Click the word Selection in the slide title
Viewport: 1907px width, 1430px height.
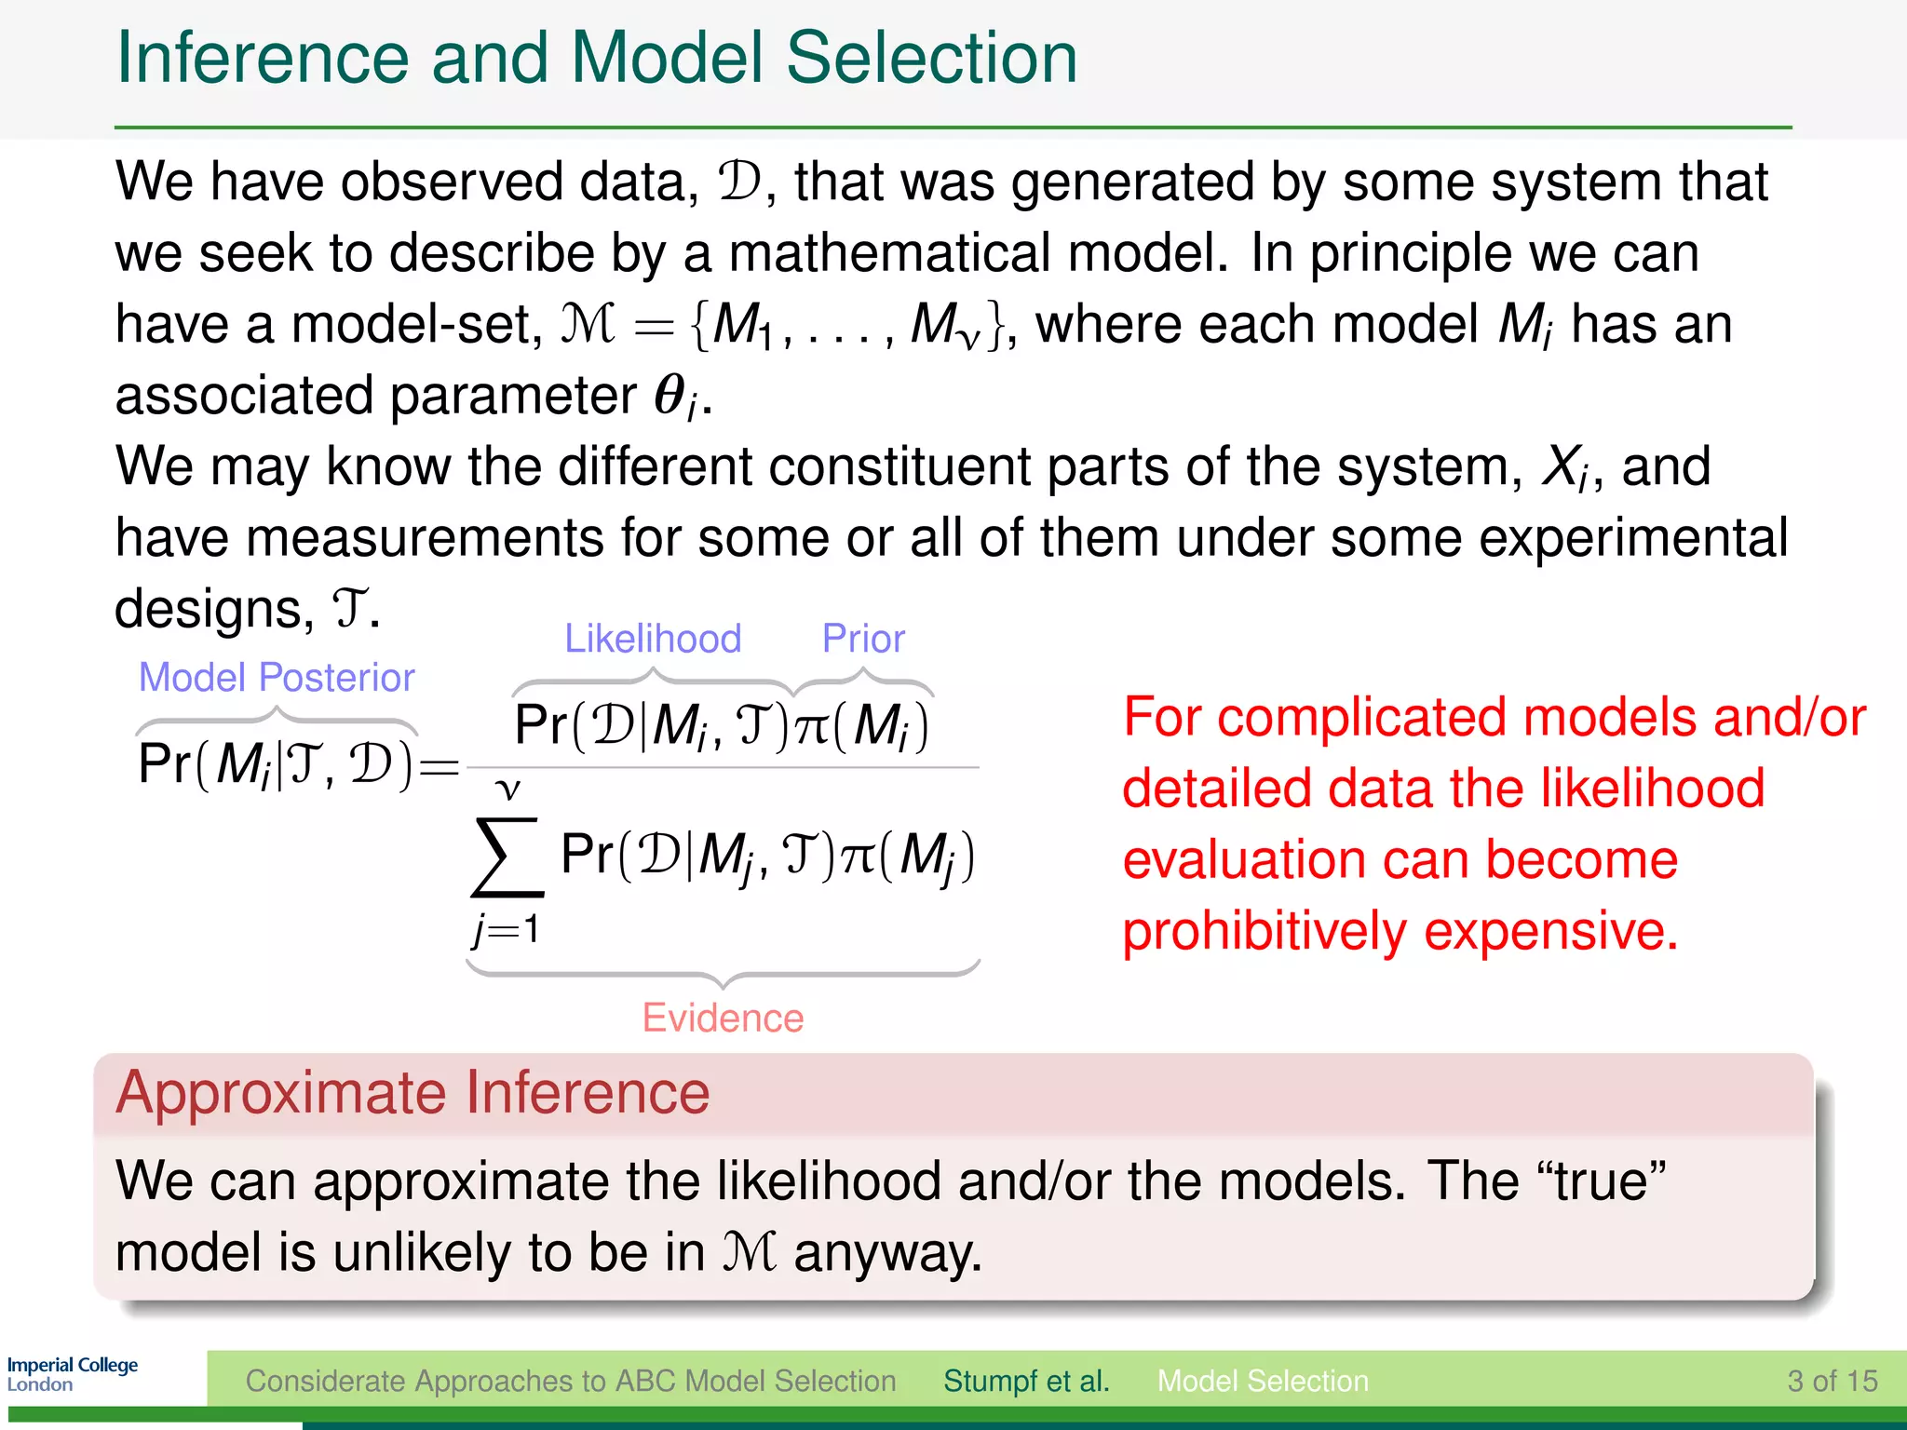click(931, 58)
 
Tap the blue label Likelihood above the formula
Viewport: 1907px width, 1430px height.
click(653, 639)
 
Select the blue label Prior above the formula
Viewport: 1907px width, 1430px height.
click(863, 639)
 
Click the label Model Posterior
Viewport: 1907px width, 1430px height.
click(277, 678)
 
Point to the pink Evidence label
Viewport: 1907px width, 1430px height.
click(723, 1018)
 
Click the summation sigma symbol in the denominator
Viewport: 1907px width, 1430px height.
click(506, 857)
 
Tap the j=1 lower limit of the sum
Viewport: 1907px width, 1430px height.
click(506, 929)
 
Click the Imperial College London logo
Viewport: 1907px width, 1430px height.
click(72, 1374)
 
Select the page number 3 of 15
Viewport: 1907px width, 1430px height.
click(1832, 1381)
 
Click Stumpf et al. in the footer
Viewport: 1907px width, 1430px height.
click(1026, 1381)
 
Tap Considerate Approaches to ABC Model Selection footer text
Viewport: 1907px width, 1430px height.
click(570, 1381)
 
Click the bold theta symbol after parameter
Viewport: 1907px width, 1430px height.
click(669, 395)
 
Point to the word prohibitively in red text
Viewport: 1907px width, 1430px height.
click(1264, 931)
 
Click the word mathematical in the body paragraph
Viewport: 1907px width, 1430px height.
click(889, 252)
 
